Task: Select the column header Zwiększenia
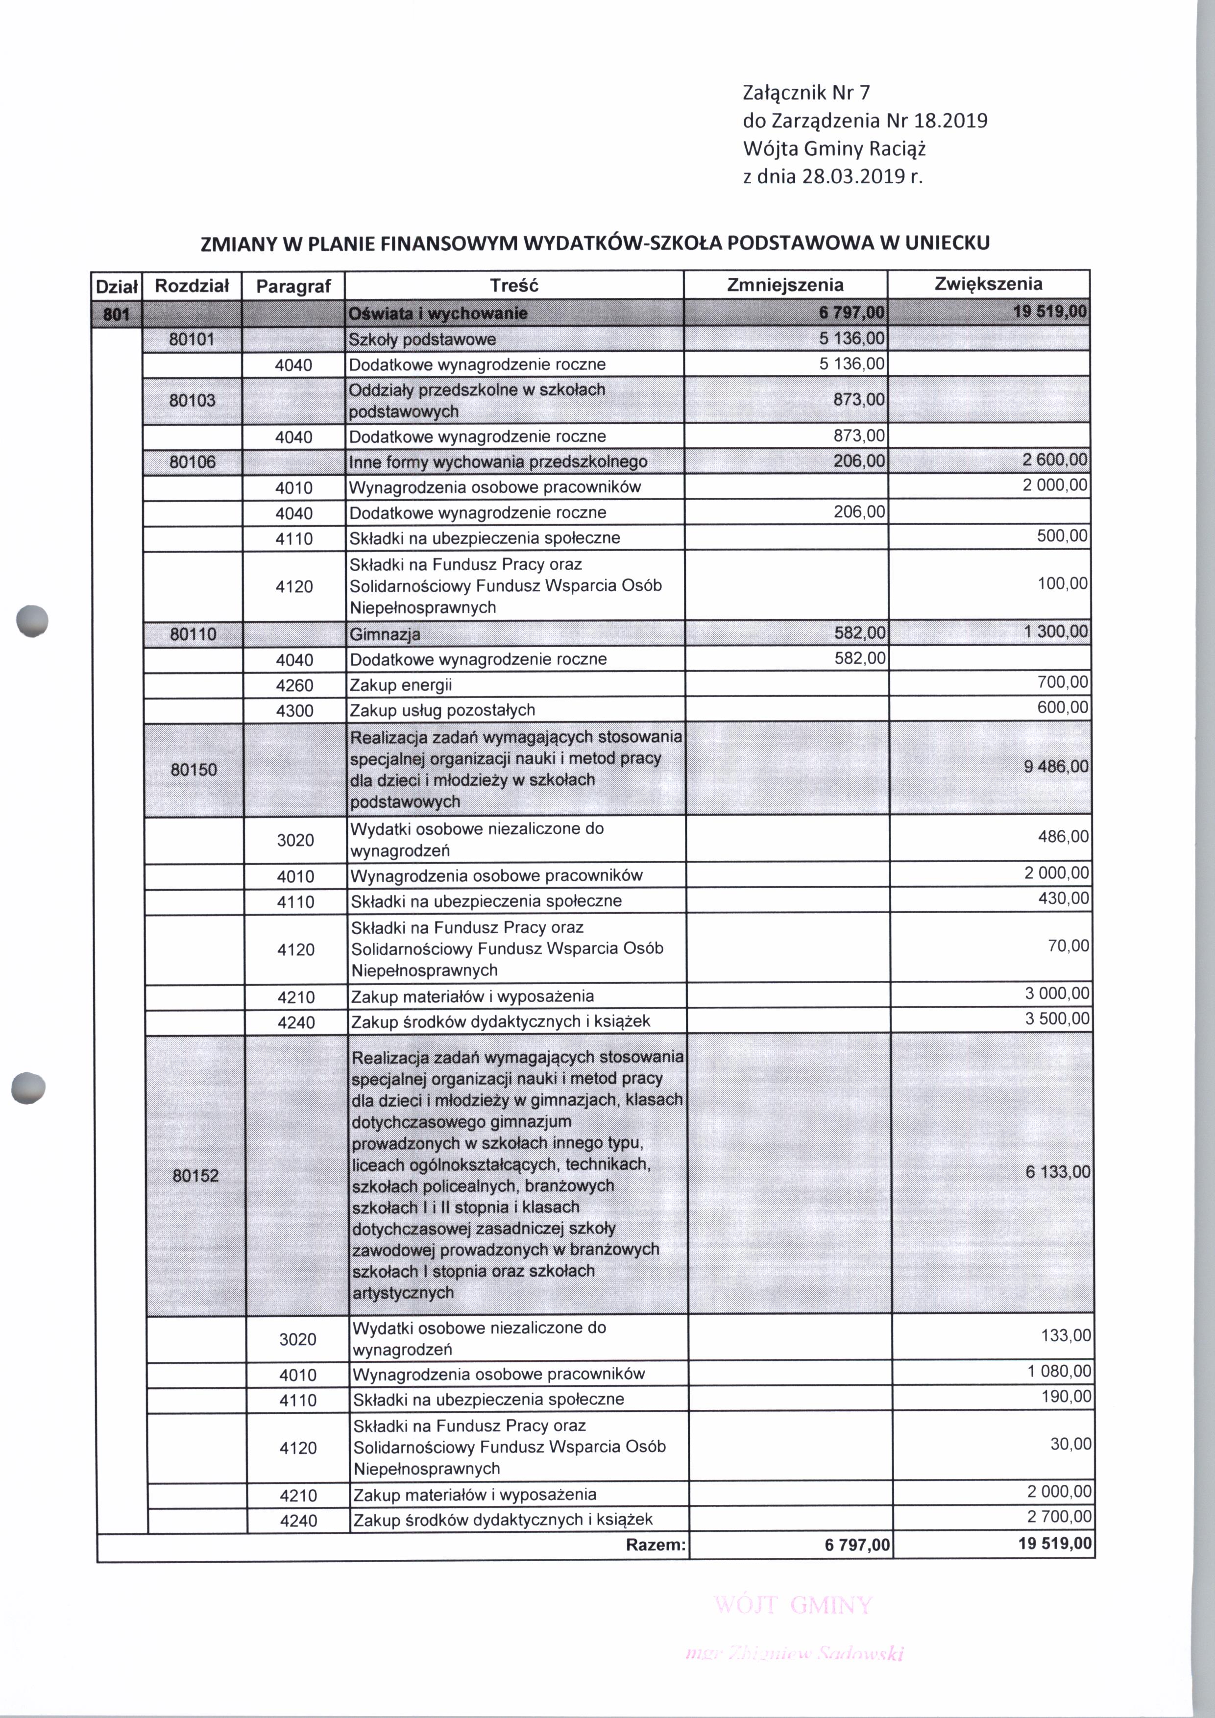(988, 284)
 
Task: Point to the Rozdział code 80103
(192, 400)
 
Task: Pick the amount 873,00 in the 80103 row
(860, 400)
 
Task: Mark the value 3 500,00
(1057, 1019)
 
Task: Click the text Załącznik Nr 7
(806, 93)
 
